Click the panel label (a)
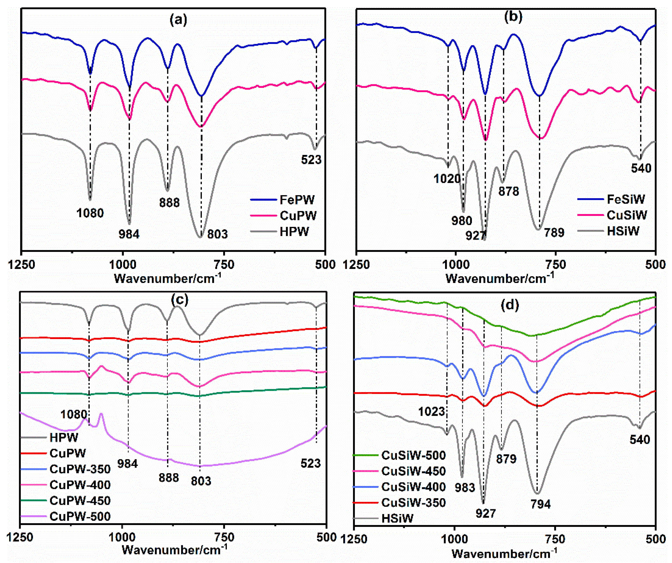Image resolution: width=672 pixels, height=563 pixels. (178, 20)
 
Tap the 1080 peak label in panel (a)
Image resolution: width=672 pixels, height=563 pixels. (90, 213)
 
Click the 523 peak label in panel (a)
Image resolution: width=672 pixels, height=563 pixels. (311, 160)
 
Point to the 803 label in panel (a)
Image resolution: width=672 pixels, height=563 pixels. (217, 234)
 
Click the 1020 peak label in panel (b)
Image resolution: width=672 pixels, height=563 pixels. (447, 179)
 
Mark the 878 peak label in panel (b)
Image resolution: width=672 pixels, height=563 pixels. (508, 191)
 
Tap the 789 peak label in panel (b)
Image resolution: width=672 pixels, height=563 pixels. (554, 232)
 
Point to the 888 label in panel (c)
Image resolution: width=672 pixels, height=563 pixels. (169, 478)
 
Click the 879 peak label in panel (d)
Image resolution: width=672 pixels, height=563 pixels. (506, 459)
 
